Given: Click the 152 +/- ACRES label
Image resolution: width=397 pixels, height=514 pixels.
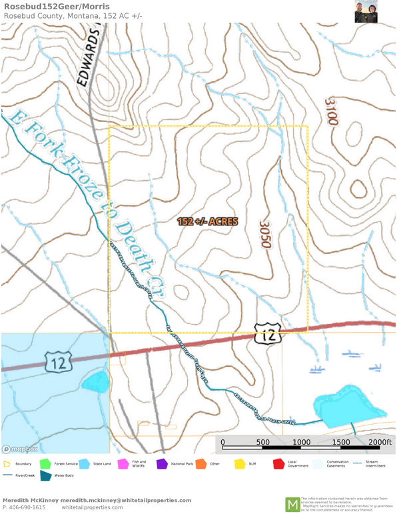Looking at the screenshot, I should pos(207,221).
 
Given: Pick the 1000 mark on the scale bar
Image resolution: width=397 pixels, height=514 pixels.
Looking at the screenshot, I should pos(301,443).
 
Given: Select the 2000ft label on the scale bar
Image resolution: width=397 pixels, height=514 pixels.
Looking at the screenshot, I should pos(379,443).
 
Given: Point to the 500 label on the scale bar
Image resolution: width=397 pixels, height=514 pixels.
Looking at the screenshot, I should pos(262,443).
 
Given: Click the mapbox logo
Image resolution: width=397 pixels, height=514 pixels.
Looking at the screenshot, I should pos(19,449).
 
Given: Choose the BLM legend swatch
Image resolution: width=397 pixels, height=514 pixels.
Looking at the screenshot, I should pos(239,463).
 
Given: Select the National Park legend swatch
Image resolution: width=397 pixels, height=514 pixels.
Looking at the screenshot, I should pos(161,463).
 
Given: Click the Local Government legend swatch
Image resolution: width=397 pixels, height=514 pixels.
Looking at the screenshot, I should pos(278,463).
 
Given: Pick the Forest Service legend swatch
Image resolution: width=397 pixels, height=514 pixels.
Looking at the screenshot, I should pos(45,463).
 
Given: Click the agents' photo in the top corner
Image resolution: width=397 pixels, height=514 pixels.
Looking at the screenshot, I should pos(366,11).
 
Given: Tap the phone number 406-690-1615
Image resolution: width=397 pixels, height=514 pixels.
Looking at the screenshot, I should pos(24,507).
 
